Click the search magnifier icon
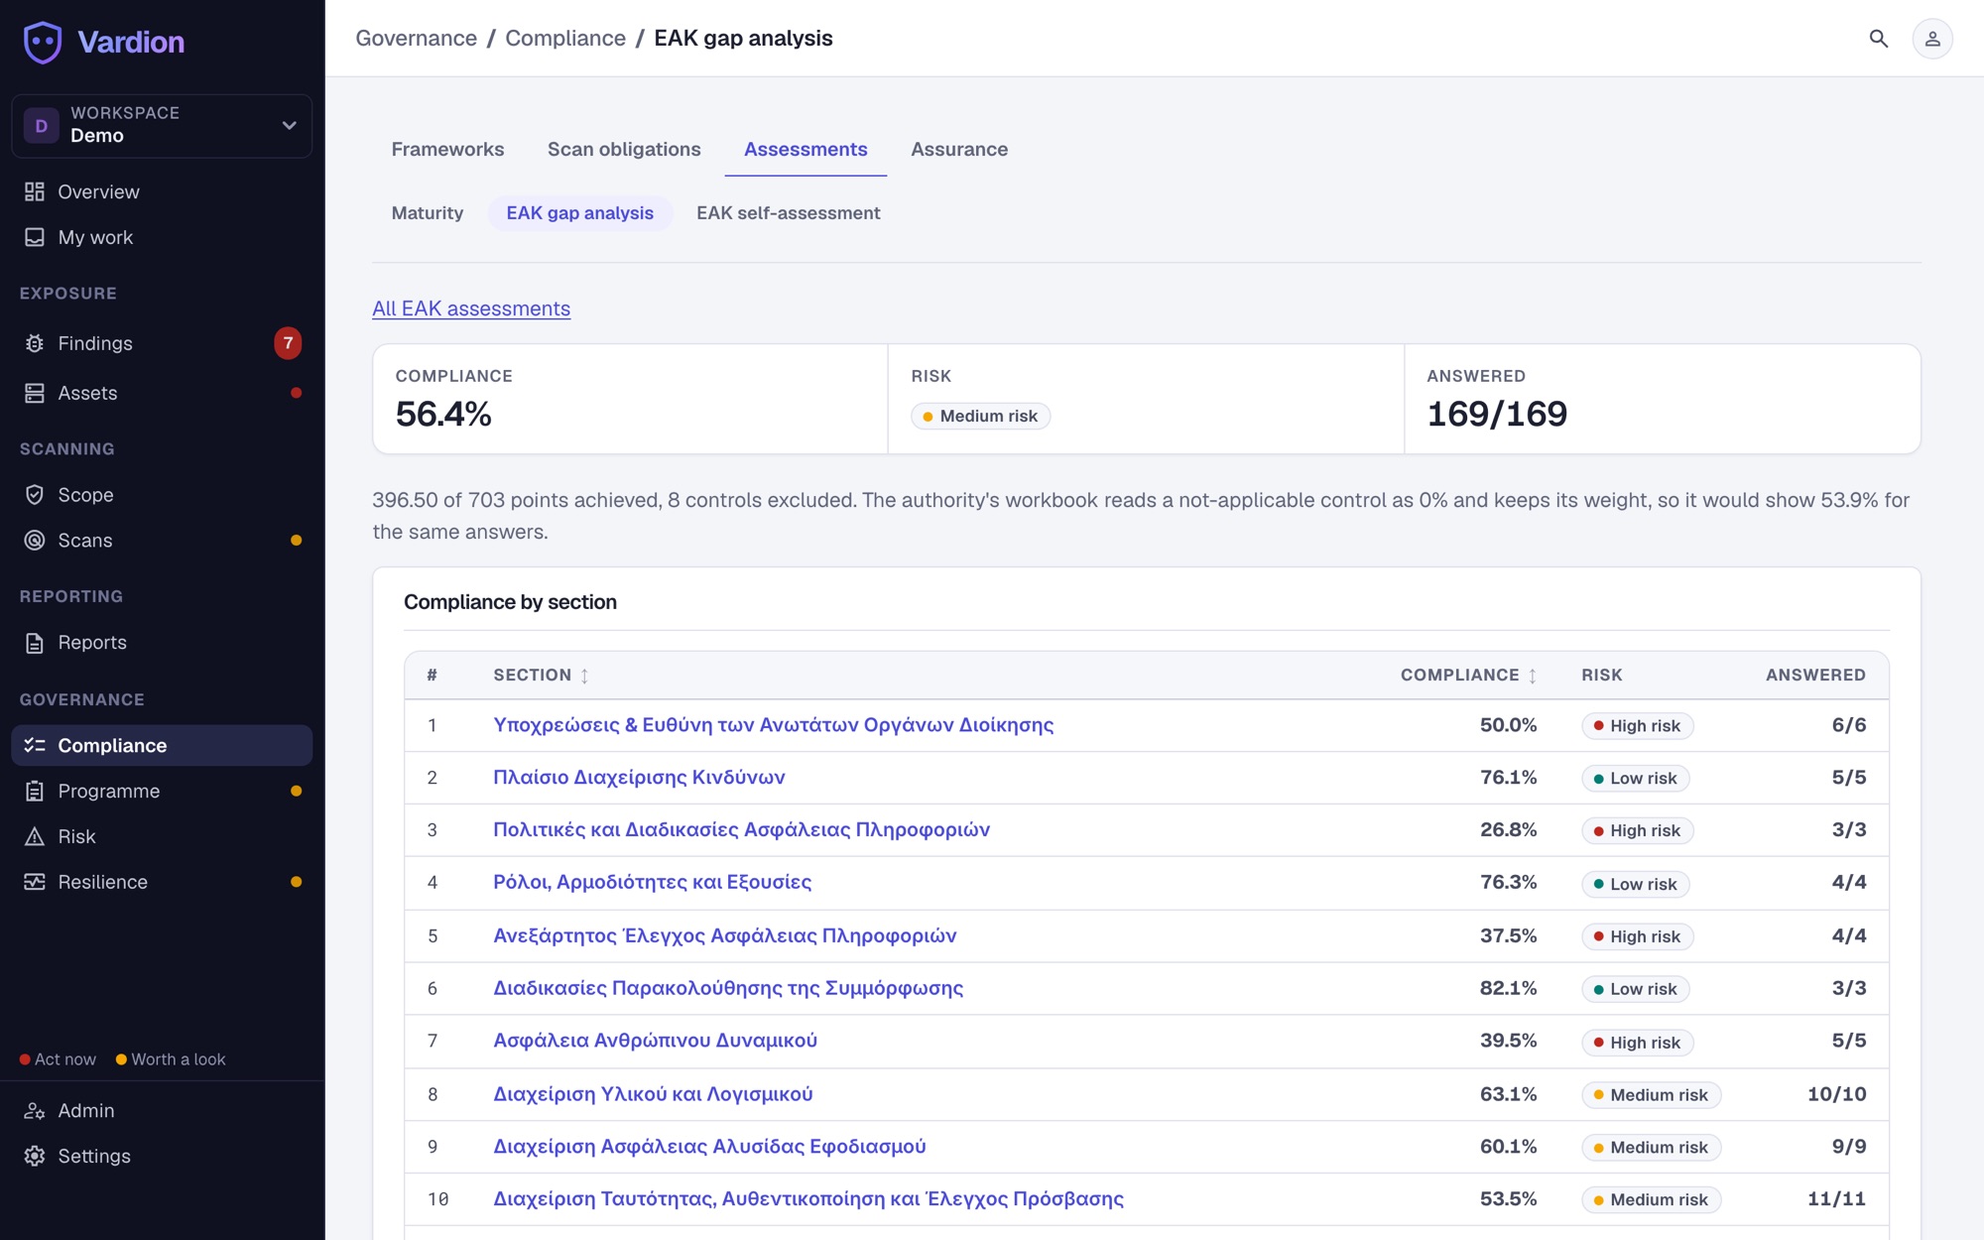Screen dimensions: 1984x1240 tap(1878, 39)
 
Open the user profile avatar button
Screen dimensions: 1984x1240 tap(1931, 39)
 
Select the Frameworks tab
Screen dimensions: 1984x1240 tap(447, 149)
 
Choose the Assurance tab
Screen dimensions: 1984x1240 tap(959, 149)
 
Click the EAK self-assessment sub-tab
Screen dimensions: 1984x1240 tap(788, 213)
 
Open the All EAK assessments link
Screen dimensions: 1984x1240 tap(471, 309)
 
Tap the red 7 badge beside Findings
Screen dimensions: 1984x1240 tap(288, 343)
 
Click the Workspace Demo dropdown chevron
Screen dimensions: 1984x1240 tap(290, 126)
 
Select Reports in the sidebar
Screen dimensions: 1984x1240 tap(92, 643)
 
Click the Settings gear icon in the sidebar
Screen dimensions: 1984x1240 tap(35, 1156)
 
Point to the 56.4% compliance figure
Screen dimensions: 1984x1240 tap(443, 414)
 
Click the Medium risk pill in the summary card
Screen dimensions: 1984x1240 tap(980, 416)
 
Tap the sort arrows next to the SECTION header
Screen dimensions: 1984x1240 tap(584, 676)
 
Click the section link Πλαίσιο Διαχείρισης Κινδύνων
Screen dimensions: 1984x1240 tap(639, 778)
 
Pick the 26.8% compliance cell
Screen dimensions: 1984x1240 tap(1508, 829)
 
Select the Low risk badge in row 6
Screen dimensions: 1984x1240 tap(1635, 989)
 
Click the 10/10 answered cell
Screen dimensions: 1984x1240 tap(1836, 1094)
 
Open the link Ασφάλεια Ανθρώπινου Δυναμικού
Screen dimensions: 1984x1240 tap(656, 1041)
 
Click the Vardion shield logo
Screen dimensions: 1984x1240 tap(42, 42)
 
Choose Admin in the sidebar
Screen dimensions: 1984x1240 tap(86, 1111)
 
